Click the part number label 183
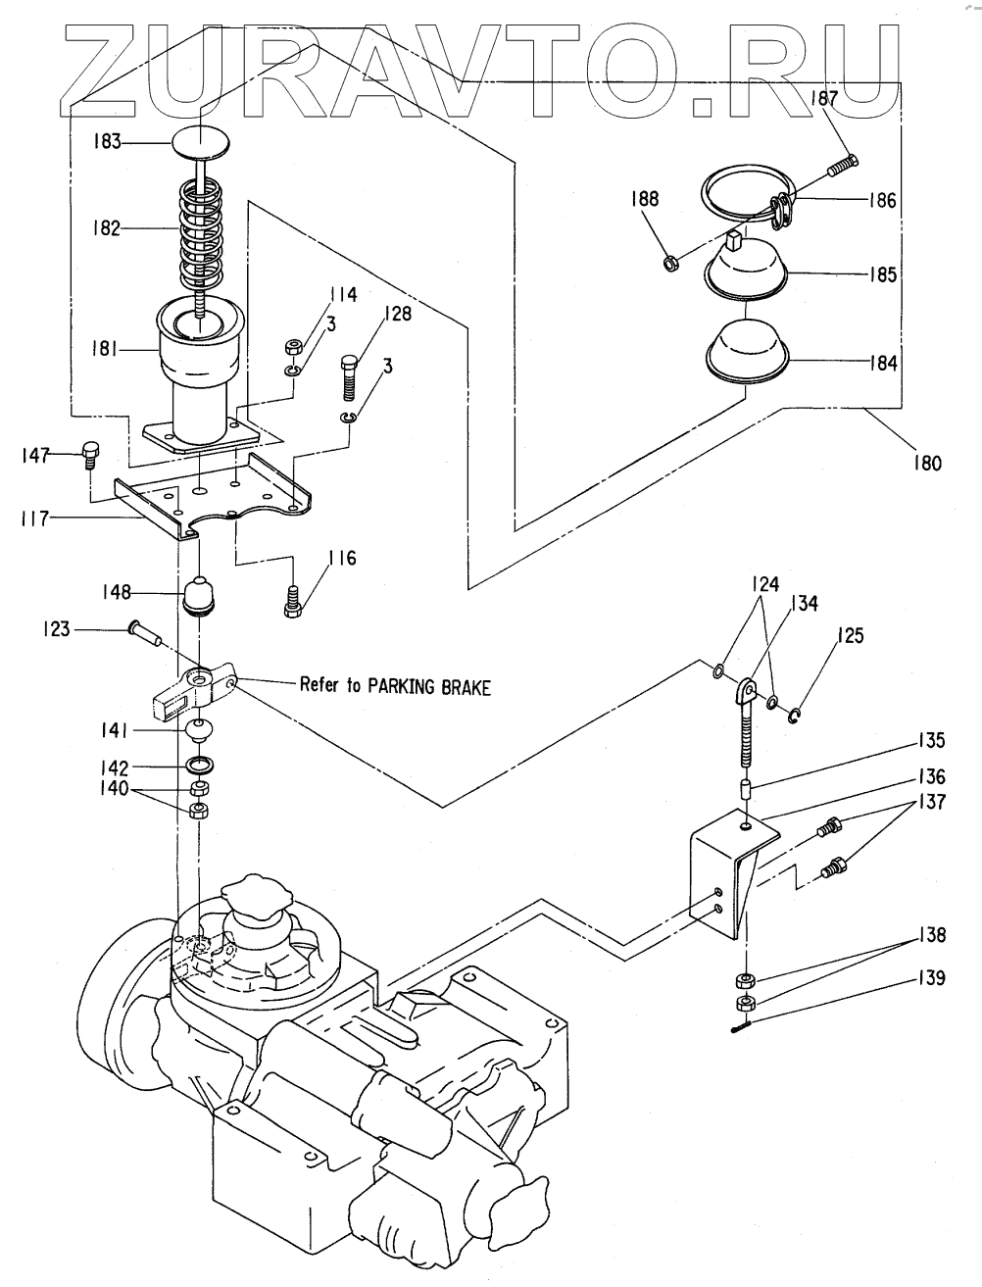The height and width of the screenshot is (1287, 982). [107, 141]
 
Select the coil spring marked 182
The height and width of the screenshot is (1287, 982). [201, 229]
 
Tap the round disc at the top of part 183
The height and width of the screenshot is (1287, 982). [201, 143]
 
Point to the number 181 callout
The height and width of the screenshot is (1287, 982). [105, 350]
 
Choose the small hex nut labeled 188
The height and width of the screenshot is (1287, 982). [668, 263]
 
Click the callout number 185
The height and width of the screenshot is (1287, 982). [883, 274]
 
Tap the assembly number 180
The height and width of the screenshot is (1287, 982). [927, 464]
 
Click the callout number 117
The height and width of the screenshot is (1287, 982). [34, 519]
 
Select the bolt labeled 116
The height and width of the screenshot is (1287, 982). [293, 602]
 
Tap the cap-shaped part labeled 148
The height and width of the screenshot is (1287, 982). [200, 596]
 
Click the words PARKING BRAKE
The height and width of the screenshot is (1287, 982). [428, 686]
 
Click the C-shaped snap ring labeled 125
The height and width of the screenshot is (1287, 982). [795, 716]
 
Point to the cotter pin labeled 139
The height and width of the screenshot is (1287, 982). [742, 1026]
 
